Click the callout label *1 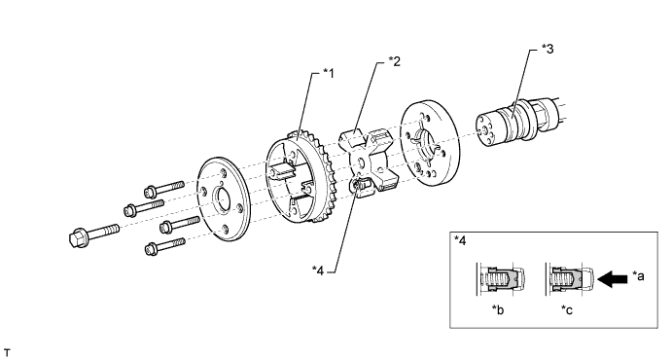click(x=328, y=73)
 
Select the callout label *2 click(x=394, y=61)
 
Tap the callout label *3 click(x=548, y=49)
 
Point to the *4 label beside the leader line click(x=318, y=270)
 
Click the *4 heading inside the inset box click(x=460, y=240)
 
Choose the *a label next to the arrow click(x=638, y=276)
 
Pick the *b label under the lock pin click(x=498, y=309)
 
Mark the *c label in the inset click(x=567, y=309)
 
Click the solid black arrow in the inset click(x=612, y=279)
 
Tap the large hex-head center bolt click(x=93, y=234)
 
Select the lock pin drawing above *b click(x=501, y=279)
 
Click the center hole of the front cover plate click(x=223, y=200)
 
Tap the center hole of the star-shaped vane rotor click(x=361, y=162)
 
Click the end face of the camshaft click(x=486, y=129)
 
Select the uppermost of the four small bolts click(x=164, y=189)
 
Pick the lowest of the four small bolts click(x=165, y=246)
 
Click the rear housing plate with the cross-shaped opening click(x=427, y=143)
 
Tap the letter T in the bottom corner click(x=7, y=353)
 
